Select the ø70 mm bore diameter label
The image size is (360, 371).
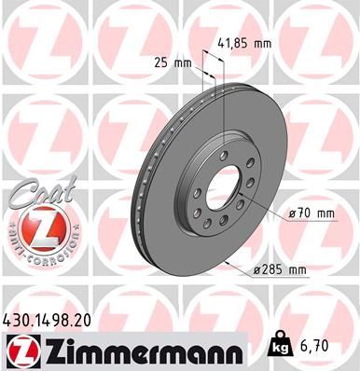tap(312, 213)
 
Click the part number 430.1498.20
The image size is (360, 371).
tap(55, 320)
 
